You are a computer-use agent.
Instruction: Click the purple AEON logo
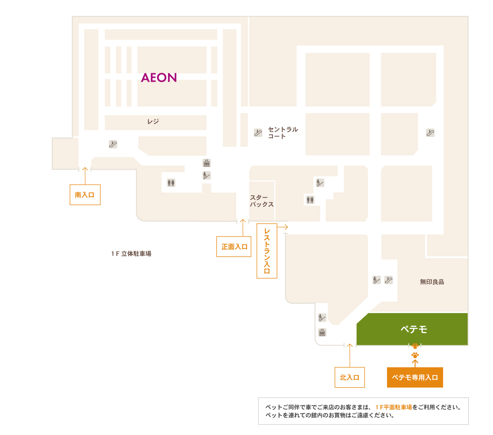(159, 77)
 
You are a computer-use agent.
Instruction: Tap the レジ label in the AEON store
(153, 122)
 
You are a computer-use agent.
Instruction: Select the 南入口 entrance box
(85, 195)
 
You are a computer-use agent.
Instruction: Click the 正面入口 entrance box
(234, 246)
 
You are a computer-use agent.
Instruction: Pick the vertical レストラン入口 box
(267, 251)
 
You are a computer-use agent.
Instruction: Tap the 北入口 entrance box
(350, 377)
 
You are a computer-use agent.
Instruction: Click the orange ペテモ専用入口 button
(415, 377)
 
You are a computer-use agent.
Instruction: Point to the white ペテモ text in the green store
(414, 329)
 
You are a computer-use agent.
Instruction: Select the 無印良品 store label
(432, 282)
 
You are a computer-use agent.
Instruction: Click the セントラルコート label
(283, 133)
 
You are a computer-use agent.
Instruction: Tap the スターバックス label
(262, 201)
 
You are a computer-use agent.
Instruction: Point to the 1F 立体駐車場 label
(131, 254)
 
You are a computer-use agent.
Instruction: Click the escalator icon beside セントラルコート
(258, 133)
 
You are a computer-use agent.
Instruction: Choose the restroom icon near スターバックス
(310, 200)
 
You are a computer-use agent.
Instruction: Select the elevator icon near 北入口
(322, 332)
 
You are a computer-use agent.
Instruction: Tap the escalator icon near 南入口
(113, 144)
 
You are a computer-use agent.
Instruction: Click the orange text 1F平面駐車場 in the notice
(394, 407)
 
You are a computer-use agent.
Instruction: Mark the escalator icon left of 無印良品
(389, 280)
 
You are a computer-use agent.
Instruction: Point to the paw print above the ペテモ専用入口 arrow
(415, 355)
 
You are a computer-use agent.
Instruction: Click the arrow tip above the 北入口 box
(350, 344)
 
